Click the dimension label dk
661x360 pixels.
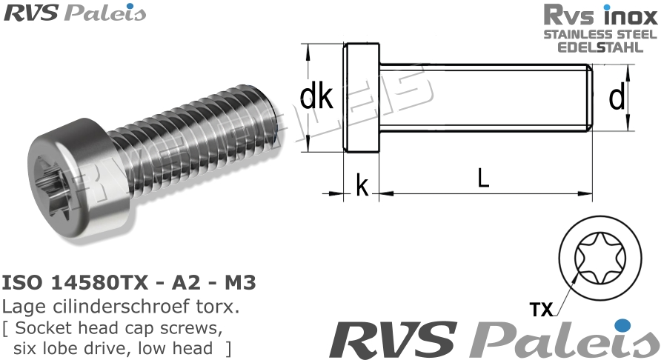(316, 97)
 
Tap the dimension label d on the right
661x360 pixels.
(616, 98)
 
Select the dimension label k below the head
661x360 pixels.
(362, 187)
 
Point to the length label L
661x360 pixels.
(483, 179)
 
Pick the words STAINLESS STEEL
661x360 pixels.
(600, 34)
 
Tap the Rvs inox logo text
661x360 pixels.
(600, 15)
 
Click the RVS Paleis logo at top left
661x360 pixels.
(74, 13)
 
